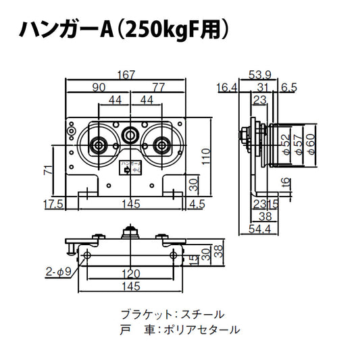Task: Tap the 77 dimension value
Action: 158,86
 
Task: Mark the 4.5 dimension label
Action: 198,203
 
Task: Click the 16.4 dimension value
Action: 227,86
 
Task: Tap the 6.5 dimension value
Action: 289,86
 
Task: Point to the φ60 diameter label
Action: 310,143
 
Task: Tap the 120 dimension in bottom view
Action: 132,274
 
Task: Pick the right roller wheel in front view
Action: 161,144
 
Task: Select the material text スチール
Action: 203,315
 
